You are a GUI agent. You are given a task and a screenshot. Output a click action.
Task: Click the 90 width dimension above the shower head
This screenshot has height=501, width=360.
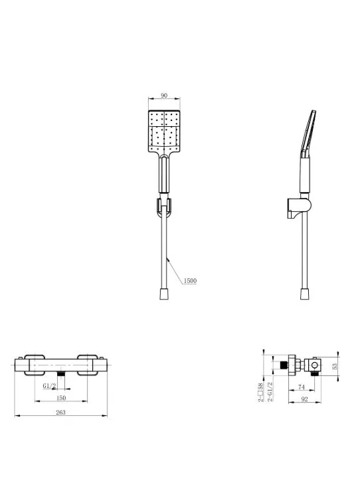pos(164,95)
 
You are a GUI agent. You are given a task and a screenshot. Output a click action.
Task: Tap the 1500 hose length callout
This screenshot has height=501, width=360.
pos(190,280)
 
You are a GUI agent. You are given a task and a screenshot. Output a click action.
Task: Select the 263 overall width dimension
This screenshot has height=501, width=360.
pos(60,412)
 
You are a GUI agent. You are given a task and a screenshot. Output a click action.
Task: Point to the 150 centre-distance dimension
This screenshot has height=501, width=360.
pos(60,398)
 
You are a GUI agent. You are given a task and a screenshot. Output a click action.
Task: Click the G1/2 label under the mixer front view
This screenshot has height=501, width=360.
pos(49,385)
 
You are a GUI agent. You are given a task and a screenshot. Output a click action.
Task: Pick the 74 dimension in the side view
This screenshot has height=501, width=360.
pos(302,387)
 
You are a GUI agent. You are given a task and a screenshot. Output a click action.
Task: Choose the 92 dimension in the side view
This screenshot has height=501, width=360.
pos(304,399)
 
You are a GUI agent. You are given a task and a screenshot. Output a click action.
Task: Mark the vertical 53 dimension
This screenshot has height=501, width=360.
pos(335,366)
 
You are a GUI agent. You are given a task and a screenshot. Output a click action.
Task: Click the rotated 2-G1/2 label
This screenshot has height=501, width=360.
pos(270,391)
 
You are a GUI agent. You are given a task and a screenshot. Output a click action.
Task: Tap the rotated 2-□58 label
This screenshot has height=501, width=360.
pos(260,393)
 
